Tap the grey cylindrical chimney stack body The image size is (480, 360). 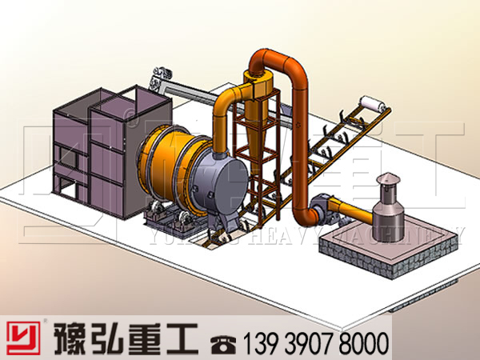tap(387, 210)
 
